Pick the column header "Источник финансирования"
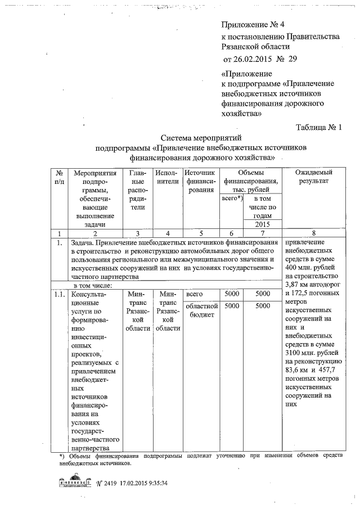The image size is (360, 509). pos(200,181)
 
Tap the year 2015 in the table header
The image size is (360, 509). pos(263,224)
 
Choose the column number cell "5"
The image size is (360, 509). pos(200,233)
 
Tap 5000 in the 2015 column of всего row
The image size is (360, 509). pos(263,294)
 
